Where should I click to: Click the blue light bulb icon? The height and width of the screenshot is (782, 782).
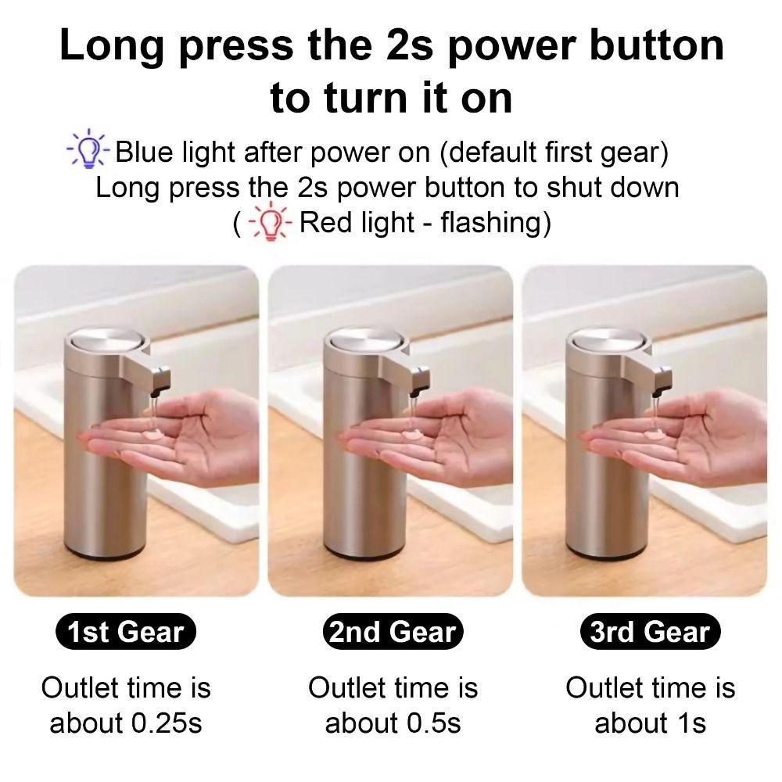click(88, 148)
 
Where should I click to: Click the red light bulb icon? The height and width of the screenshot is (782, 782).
click(270, 222)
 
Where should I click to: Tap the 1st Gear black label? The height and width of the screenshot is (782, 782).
click(126, 632)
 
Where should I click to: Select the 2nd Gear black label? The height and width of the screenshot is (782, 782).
click(393, 632)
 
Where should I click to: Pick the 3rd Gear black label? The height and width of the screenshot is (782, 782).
click(651, 632)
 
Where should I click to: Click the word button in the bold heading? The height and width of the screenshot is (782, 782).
click(657, 45)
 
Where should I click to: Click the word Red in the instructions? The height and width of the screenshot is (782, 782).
click(325, 222)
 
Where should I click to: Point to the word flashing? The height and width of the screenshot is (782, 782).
click(490, 224)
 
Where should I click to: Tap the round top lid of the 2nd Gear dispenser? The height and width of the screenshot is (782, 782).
click(365, 342)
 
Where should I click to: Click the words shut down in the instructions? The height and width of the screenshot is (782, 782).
click(613, 188)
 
